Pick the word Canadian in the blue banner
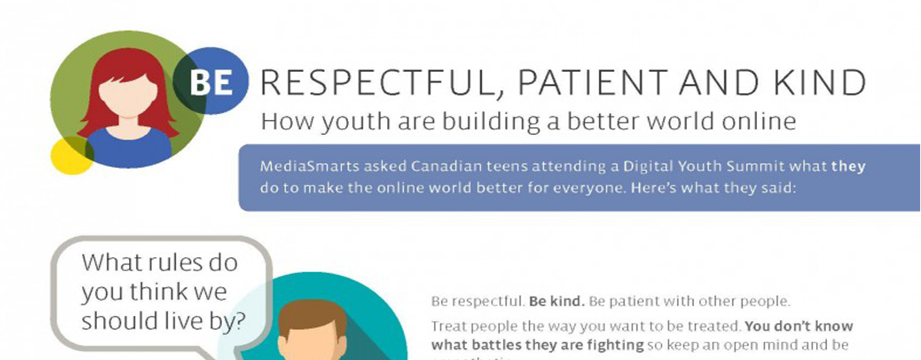click(x=442, y=166)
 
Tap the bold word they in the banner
click(x=848, y=166)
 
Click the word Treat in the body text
click(x=448, y=326)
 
